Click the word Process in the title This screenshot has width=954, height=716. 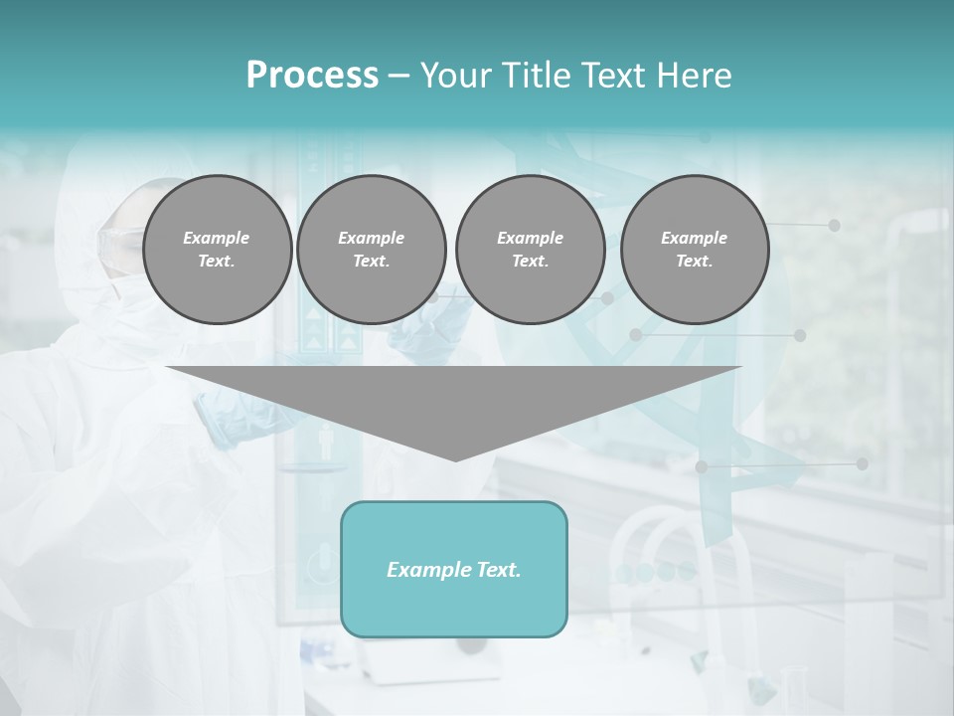[x=312, y=76]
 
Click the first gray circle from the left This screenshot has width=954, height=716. [x=217, y=250]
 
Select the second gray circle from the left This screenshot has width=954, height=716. [x=371, y=250]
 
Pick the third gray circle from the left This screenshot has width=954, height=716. [x=530, y=250]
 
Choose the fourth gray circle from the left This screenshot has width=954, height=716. [x=694, y=250]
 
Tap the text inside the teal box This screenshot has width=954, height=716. [x=454, y=570]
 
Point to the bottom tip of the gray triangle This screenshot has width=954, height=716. [x=455, y=460]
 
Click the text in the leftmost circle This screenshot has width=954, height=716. [x=217, y=250]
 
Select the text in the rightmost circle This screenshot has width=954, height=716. [x=694, y=250]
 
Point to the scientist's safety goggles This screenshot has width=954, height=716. [x=117, y=240]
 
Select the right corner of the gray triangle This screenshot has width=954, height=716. [x=739, y=368]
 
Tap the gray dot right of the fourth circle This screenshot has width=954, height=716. [x=834, y=226]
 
